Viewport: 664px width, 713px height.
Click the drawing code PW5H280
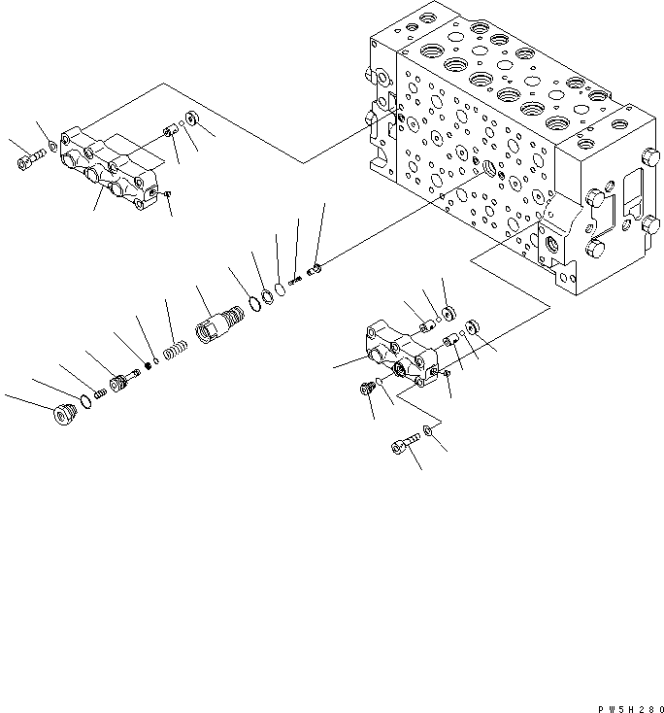coord(631,709)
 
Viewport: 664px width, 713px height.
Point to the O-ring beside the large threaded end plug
coord(85,401)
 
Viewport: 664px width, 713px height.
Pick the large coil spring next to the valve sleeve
coord(175,351)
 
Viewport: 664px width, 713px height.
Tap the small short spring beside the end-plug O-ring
coord(100,393)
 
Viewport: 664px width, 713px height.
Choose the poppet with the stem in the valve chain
coord(123,380)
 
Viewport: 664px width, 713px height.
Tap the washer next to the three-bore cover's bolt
coord(53,147)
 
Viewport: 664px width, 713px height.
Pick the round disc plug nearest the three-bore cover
coord(192,119)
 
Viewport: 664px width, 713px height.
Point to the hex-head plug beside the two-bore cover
coord(366,388)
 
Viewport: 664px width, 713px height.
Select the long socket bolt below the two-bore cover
coord(405,443)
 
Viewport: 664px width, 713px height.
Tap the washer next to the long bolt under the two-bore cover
coord(428,429)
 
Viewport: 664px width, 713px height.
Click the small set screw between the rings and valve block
coord(295,281)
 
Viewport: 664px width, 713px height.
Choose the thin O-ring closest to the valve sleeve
coord(255,303)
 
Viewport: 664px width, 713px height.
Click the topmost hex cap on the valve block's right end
coord(649,157)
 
